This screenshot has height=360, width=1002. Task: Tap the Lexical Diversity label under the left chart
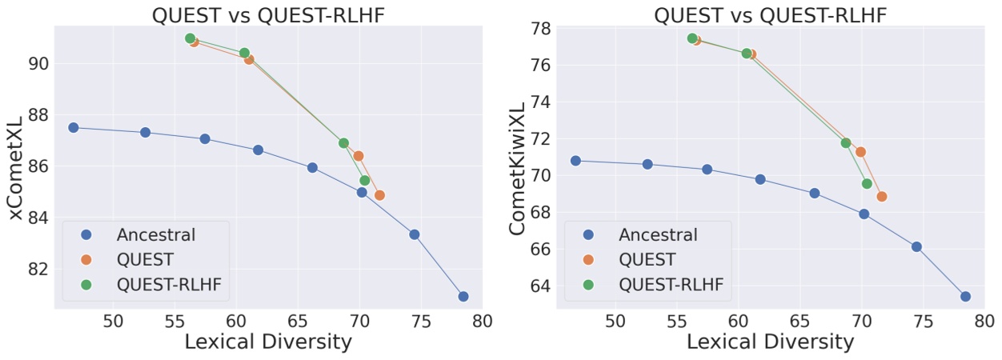tap(269, 342)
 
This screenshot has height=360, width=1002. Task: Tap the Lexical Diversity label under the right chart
tap(771, 342)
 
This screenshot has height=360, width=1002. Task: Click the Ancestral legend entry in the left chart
tap(155, 234)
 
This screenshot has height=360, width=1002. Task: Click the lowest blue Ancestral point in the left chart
tap(463, 296)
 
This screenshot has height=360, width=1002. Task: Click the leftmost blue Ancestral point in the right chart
tap(575, 161)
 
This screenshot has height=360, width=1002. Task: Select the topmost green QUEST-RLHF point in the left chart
tap(190, 38)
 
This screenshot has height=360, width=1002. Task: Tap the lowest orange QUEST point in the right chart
tap(881, 196)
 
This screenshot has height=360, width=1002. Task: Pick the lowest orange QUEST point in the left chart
tap(379, 194)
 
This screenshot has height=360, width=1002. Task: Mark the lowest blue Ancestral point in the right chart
tap(965, 296)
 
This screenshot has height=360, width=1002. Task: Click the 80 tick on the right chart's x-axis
tap(984, 321)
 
